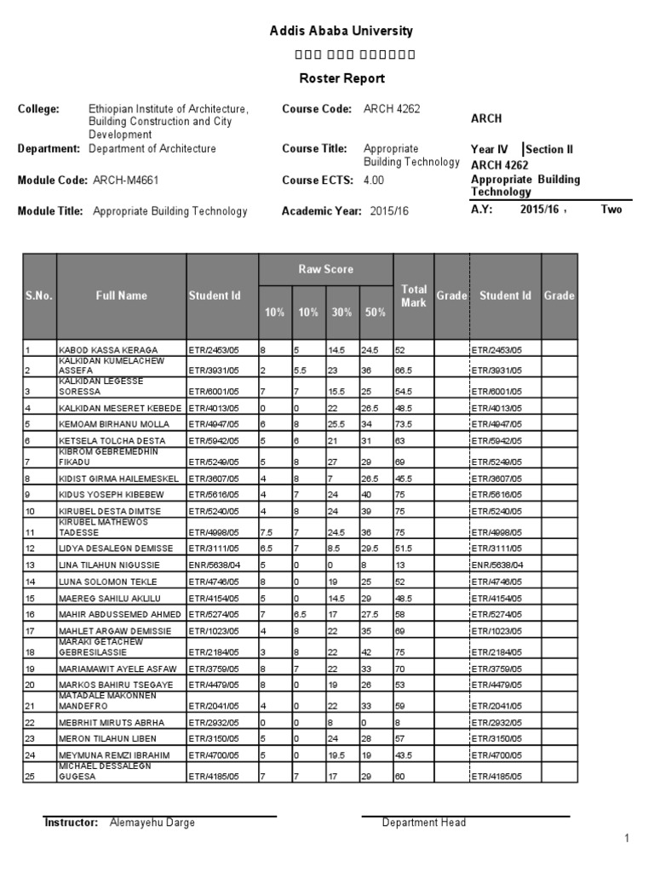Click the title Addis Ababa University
point(341,31)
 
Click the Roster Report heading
point(341,78)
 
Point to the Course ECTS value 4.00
point(374,180)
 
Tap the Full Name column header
point(121,295)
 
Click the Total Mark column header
point(413,295)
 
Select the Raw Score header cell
point(325,269)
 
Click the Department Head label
point(423,823)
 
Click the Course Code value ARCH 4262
point(391,109)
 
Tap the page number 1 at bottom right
point(627,840)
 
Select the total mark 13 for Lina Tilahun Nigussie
point(399,565)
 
